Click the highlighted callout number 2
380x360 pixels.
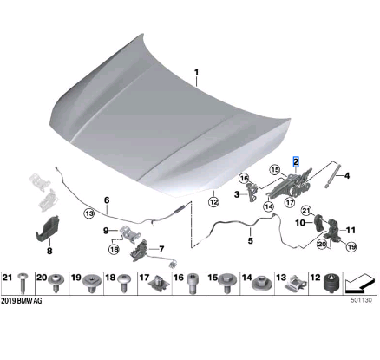pyautogui.click(x=296, y=161)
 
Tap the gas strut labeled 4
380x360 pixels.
pyautogui.click(x=333, y=176)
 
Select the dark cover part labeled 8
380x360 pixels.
pyautogui.click(x=48, y=228)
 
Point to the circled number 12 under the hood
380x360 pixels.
pyautogui.click(x=213, y=201)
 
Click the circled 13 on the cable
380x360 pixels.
pyautogui.click(x=89, y=213)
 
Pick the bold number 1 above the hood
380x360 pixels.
pyautogui.click(x=197, y=72)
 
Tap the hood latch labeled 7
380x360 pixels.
pyautogui.click(x=141, y=251)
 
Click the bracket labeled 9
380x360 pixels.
pyautogui.click(x=129, y=232)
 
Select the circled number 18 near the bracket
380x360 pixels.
pyautogui.click(x=114, y=249)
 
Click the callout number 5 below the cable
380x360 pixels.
pyautogui.click(x=251, y=240)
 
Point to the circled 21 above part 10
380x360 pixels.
pyautogui.click(x=306, y=211)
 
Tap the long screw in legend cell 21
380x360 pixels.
pyautogui.click(x=23, y=283)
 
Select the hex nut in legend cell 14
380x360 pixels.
pyautogui.click(x=261, y=284)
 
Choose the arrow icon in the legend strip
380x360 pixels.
pyautogui.click(x=359, y=284)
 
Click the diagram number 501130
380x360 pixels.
pyautogui.click(x=361, y=300)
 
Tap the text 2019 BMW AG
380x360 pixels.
pyautogui.click(x=22, y=301)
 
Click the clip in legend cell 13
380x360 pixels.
pyautogui.click(x=296, y=284)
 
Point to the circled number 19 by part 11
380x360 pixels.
pyautogui.click(x=351, y=246)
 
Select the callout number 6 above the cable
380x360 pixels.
pyautogui.click(x=107, y=200)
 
